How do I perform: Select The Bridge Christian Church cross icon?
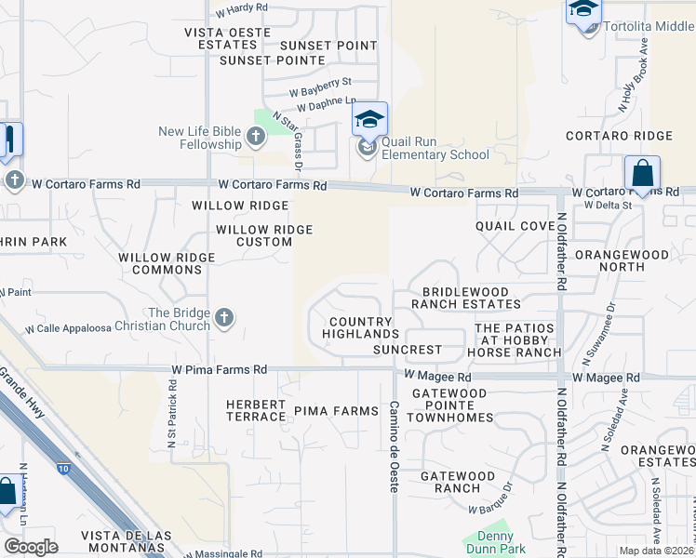click(223, 319)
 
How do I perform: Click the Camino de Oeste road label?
click(394, 447)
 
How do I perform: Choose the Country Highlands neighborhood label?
click(364, 327)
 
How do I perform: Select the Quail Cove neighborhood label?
click(515, 226)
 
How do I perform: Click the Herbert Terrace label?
click(256, 410)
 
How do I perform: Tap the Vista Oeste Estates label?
click(227, 38)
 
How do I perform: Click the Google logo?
click(31, 546)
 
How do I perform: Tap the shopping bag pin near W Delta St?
click(642, 173)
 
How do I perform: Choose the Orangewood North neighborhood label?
click(622, 260)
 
